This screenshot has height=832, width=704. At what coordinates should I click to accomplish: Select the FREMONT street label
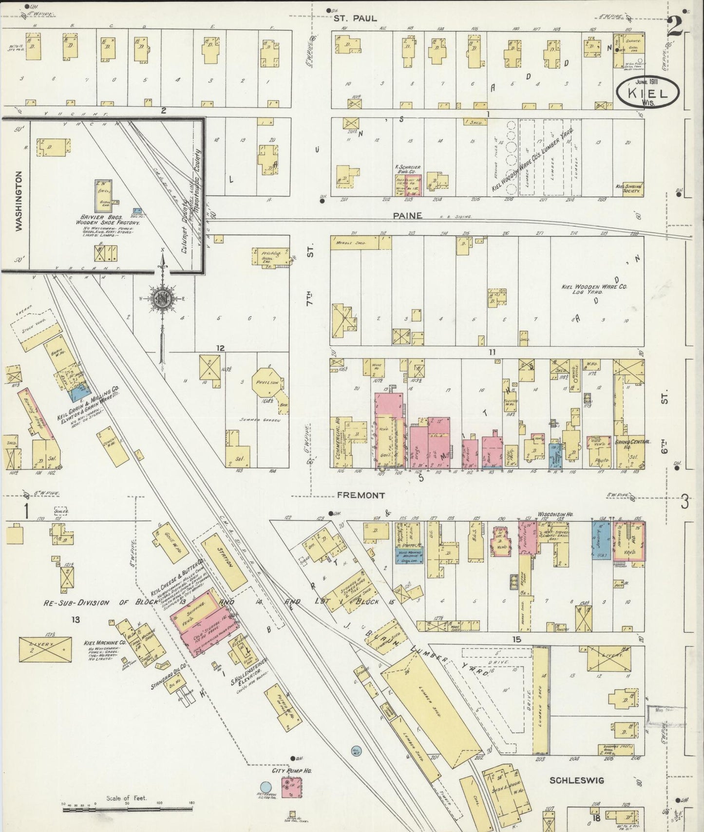tap(361, 495)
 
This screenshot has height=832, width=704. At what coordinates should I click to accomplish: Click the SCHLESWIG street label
tap(577, 780)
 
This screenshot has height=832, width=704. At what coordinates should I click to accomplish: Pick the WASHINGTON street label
tap(19, 201)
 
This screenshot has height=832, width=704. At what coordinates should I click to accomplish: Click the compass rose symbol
tap(161, 299)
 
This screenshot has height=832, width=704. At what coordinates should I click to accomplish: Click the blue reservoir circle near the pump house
tap(266, 787)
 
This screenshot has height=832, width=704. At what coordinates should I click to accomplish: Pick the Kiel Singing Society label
tap(628, 188)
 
